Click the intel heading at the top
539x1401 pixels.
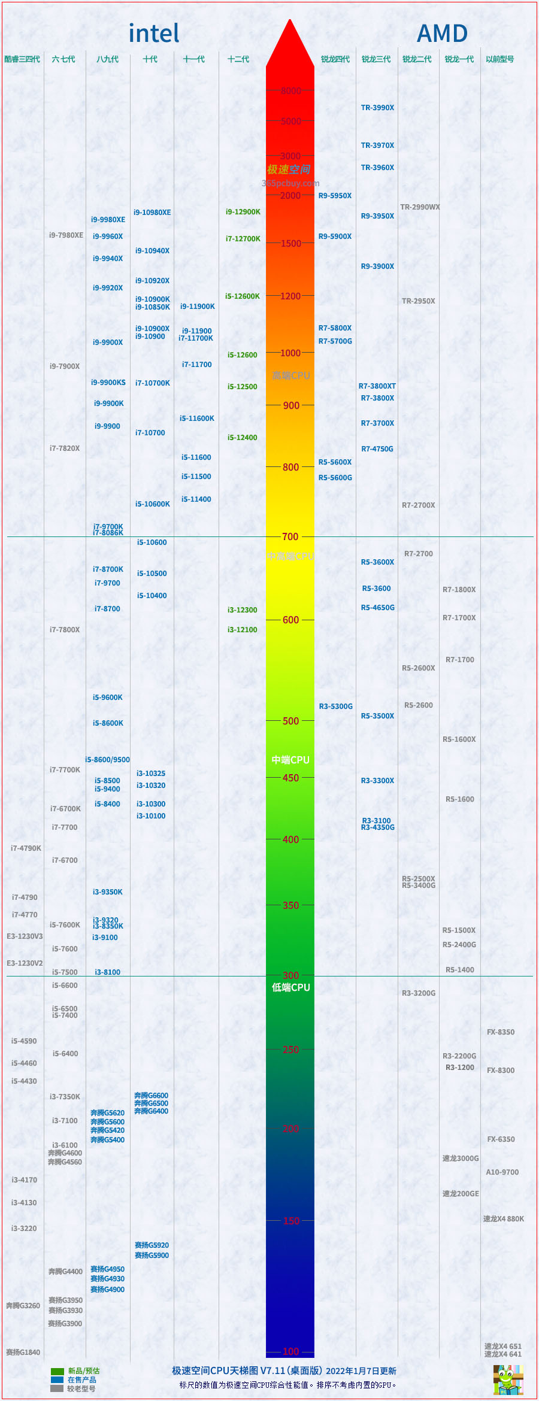(x=154, y=34)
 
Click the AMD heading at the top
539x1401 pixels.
(x=442, y=34)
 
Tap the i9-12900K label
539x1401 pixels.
(x=243, y=212)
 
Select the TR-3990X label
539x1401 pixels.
(x=377, y=108)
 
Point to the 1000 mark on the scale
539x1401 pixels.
(x=290, y=353)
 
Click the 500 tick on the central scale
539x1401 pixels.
(x=290, y=721)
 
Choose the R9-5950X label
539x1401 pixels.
(x=335, y=196)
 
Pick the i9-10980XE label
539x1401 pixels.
(x=152, y=213)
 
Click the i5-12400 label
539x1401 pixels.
(x=242, y=438)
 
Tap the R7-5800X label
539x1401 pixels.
(x=335, y=328)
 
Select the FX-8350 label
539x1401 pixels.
(x=500, y=1032)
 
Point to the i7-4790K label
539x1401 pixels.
(x=26, y=848)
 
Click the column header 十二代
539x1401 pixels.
(x=238, y=59)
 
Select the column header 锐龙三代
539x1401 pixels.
(x=376, y=59)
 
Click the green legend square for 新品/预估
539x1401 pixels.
(x=57, y=1371)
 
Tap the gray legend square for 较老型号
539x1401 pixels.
(x=57, y=1388)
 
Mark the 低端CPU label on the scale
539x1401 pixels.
(x=290, y=987)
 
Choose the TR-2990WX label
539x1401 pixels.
(x=420, y=207)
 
